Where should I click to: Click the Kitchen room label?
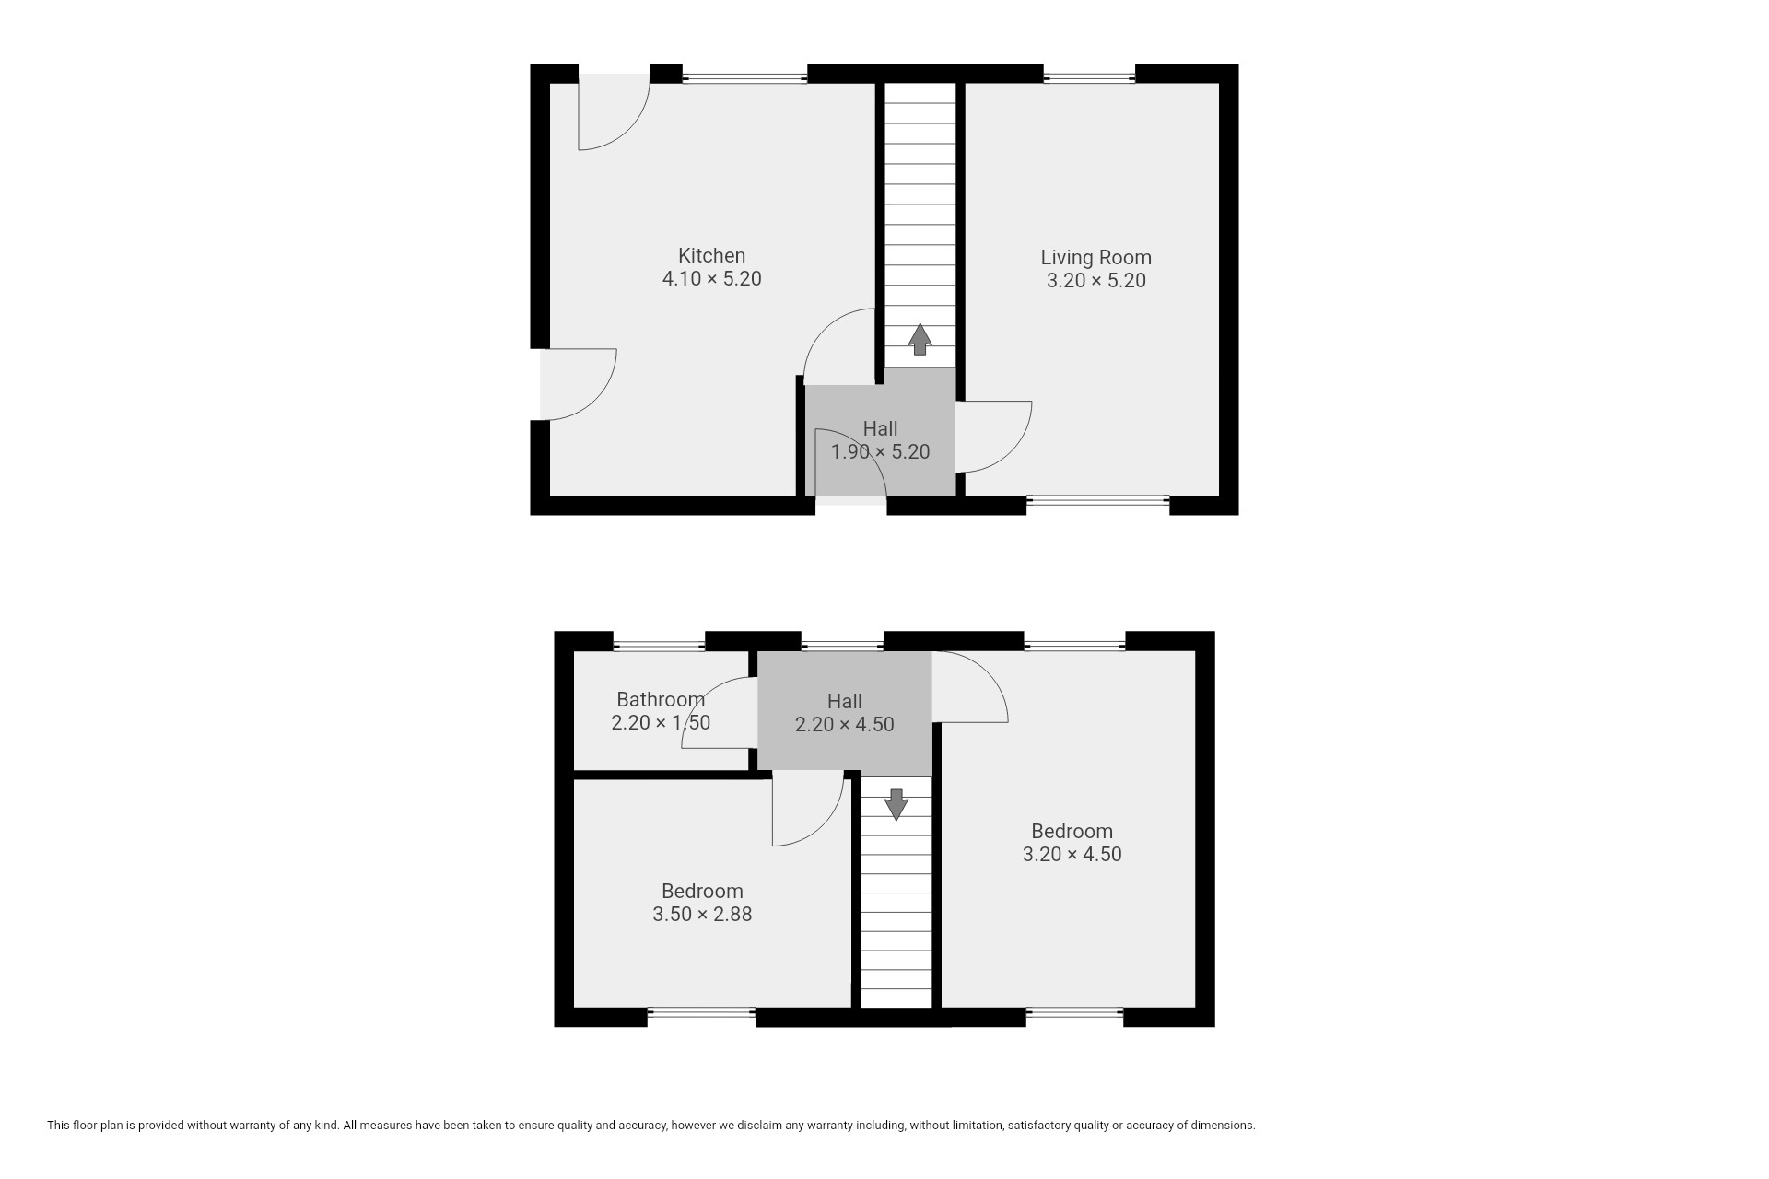click(x=711, y=256)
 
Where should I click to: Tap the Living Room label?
click(x=1095, y=258)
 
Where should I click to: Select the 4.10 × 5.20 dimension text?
click(x=711, y=279)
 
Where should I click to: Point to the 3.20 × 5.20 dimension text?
click(x=1095, y=281)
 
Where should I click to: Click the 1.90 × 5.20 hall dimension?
click(x=880, y=452)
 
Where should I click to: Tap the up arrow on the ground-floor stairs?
click(x=920, y=339)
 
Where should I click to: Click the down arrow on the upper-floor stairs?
click(x=896, y=804)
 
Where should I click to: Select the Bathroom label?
click(x=661, y=700)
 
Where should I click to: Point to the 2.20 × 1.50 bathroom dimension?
click(x=661, y=723)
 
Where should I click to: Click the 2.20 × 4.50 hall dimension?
click(x=844, y=725)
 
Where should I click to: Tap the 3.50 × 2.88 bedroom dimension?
click(x=702, y=915)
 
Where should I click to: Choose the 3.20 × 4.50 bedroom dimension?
click(x=1072, y=855)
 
